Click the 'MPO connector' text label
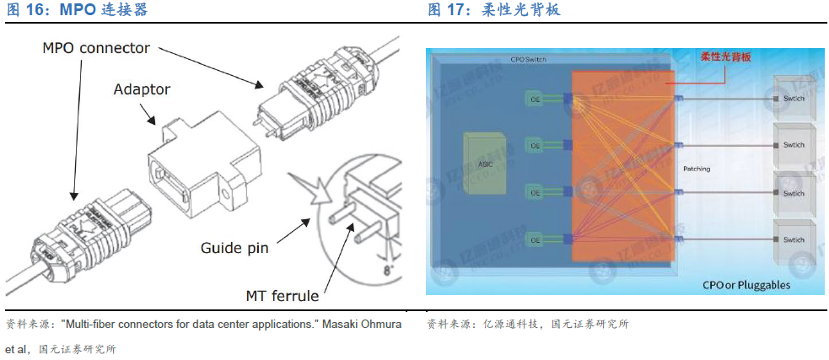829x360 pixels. (x=96, y=48)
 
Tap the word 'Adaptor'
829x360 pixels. (x=142, y=89)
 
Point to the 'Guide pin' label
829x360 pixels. (x=234, y=248)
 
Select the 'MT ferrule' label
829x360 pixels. (x=282, y=296)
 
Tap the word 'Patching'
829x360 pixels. (x=697, y=169)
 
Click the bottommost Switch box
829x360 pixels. (x=794, y=240)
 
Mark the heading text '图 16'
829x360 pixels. (x=28, y=10)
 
